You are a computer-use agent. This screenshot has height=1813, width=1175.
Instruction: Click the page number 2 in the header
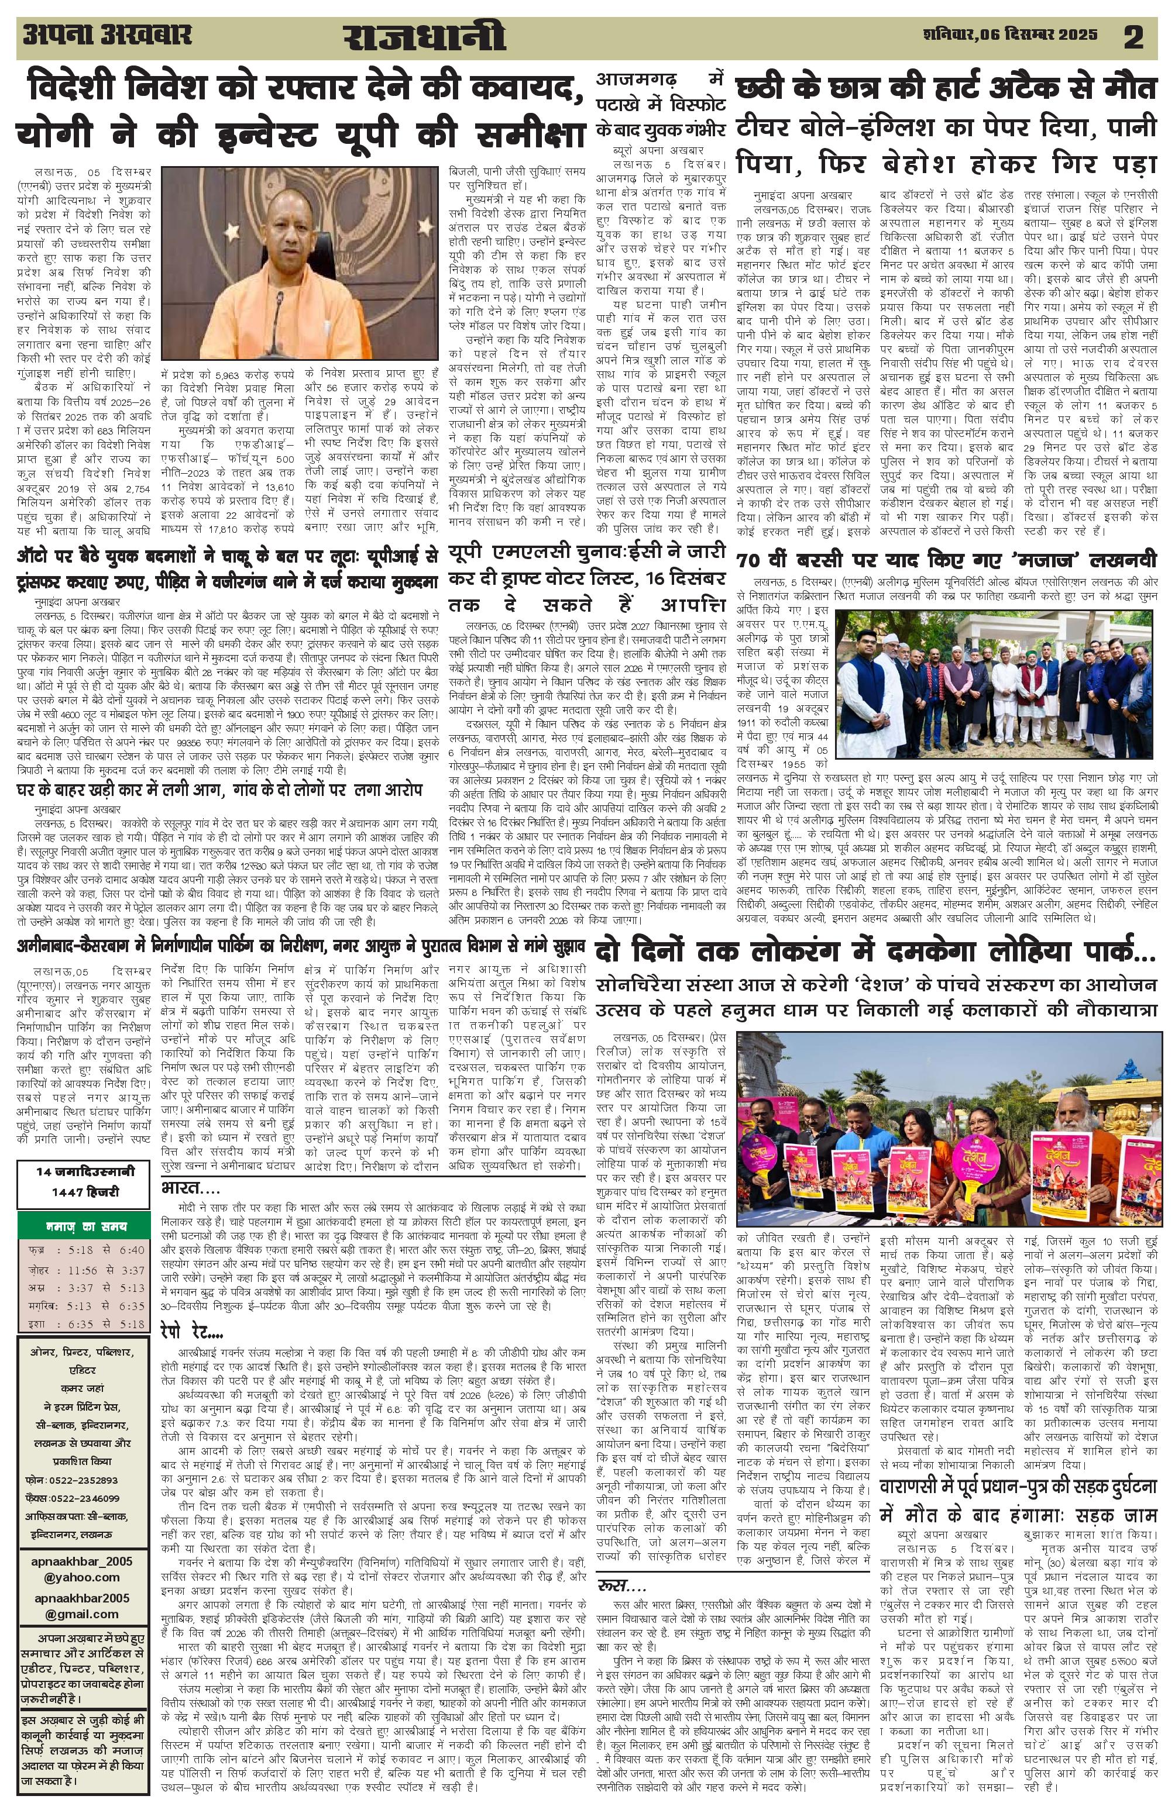click(1133, 38)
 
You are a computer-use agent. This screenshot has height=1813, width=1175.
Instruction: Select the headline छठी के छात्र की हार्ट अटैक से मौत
click(945, 88)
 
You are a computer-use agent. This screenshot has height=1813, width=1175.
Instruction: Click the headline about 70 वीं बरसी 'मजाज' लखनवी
click(946, 561)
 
